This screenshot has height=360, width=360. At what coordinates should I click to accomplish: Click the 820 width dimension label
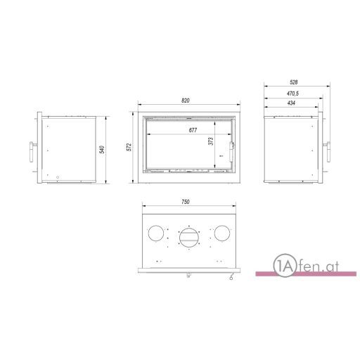pyautogui.click(x=185, y=101)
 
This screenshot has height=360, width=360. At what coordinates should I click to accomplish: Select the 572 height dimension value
pyautogui.click(x=129, y=147)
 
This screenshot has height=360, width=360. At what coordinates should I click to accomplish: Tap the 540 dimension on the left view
pyautogui.click(x=102, y=150)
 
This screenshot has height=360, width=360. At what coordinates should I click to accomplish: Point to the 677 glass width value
pyautogui.click(x=193, y=130)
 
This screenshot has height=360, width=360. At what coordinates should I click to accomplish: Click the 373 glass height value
pyautogui.click(x=211, y=141)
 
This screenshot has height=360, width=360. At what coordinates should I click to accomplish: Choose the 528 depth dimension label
pyautogui.click(x=294, y=82)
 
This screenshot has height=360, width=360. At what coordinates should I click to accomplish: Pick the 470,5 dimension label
pyautogui.click(x=292, y=94)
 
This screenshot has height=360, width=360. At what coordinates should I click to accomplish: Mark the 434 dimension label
pyautogui.click(x=291, y=103)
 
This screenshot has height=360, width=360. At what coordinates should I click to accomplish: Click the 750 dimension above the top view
pyautogui.click(x=186, y=202)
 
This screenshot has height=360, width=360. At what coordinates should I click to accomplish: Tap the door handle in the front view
pyautogui.click(x=231, y=151)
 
